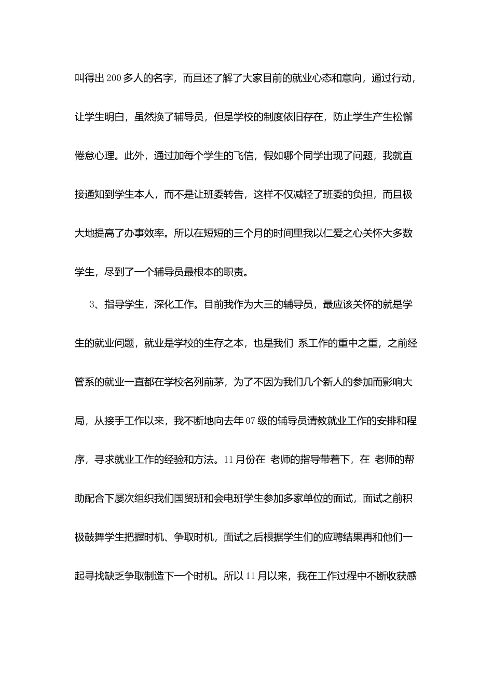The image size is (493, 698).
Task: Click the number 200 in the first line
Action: [x=114, y=78]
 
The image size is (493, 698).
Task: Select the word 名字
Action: [x=163, y=78]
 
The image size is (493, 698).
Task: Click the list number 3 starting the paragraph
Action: [x=92, y=305]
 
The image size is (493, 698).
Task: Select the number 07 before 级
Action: [x=250, y=421]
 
